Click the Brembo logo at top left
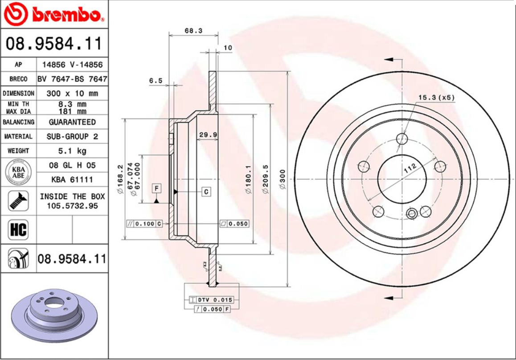point(53,15)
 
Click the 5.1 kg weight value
point(72,151)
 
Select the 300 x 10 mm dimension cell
point(72,94)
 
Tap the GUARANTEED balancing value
point(72,122)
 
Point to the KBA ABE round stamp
point(18,172)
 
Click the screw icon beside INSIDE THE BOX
point(18,201)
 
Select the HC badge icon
point(18,230)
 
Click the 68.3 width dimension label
point(193,31)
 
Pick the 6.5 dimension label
point(156,81)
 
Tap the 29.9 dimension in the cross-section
point(208,135)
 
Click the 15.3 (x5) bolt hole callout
point(436,98)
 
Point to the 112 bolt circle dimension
point(410,168)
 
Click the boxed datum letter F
point(156,188)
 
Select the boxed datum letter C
point(206,192)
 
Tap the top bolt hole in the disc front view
point(402,139)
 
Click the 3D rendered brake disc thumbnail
point(54,317)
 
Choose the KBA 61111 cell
point(72,180)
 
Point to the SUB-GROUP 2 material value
point(72,136)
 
